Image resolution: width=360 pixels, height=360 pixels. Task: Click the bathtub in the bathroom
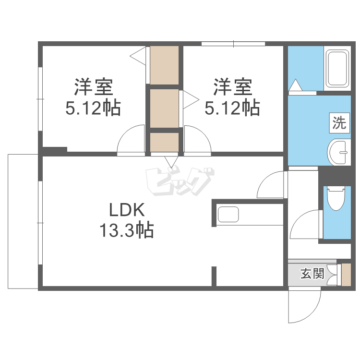(337, 68)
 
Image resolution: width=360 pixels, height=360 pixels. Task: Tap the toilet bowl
(336, 198)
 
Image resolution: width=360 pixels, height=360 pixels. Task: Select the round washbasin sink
(339, 152)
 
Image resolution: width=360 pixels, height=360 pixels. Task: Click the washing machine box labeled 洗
(339, 123)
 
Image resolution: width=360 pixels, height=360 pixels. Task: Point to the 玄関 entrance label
(312, 274)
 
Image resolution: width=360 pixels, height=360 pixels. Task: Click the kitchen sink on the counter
(228, 214)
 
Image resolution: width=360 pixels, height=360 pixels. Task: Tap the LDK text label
(127, 210)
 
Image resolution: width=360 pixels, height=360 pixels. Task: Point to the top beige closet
(164, 65)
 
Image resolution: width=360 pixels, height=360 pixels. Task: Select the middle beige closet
(164, 108)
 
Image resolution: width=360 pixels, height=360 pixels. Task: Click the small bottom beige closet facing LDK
(164, 142)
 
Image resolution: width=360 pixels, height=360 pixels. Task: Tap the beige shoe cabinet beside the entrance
(347, 275)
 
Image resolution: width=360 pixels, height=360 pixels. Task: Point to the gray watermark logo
(180, 182)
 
